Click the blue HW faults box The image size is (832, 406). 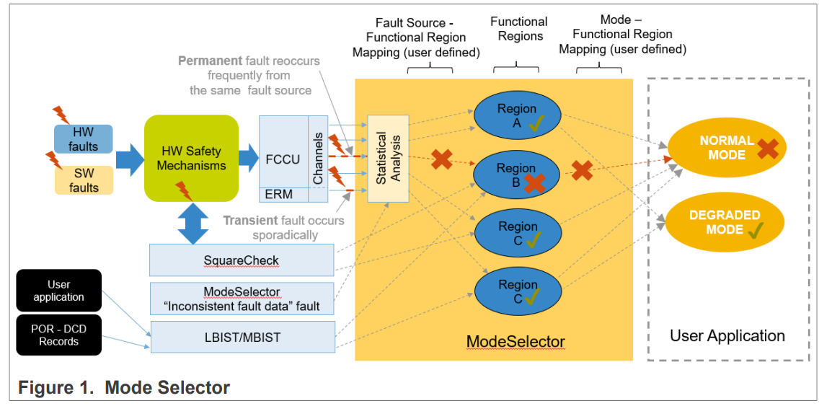click(83, 139)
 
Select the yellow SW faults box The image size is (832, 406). click(83, 180)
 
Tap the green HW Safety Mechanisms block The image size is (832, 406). click(191, 158)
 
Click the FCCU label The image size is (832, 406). click(283, 159)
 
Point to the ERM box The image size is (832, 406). click(283, 194)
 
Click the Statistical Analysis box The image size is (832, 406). click(388, 158)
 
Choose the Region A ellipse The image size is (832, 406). click(516, 116)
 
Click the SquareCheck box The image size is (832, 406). click(242, 260)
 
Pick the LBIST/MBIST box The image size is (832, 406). click(242, 337)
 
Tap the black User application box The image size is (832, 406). click(59, 291)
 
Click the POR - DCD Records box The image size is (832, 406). click(59, 335)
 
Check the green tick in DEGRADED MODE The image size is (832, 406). click(756, 231)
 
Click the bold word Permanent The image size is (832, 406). click(210, 61)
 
